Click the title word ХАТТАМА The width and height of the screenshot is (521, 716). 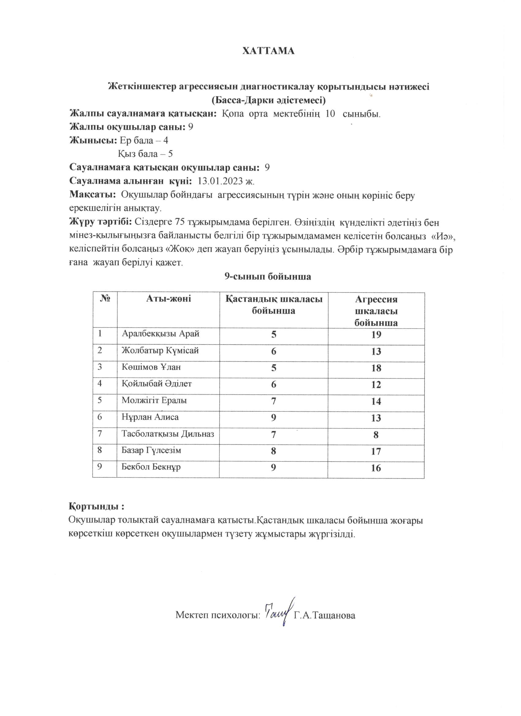pyautogui.click(x=268, y=51)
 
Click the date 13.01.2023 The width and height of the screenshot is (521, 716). pyautogui.click(x=220, y=181)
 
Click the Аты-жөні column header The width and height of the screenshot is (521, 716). pyautogui.click(x=168, y=299)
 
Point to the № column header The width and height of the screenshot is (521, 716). pyautogui.click(x=105, y=299)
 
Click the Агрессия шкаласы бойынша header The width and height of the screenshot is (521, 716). pyautogui.click(x=376, y=311)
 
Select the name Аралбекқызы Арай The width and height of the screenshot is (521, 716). pyautogui.click(x=161, y=334)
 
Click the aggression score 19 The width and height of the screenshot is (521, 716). pyautogui.click(x=376, y=335)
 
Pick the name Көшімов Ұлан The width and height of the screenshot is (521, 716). pyautogui.click(x=151, y=367)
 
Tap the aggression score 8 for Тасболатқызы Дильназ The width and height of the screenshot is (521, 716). pyautogui.click(x=376, y=435)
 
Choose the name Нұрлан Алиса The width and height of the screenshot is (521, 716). pyautogui.click(x=150, y=417)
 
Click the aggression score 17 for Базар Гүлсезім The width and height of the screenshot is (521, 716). pyautogui.click(x=376, y=451)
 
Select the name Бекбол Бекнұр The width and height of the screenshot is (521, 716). pyautogui.click(x=151, y=467)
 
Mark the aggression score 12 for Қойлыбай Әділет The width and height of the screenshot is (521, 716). pyautogui.click(x=376, y=385)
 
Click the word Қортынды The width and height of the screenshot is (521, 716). pyautogui.click(x=94, y=507)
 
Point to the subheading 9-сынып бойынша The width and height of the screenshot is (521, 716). pyautogui.click(x=268, y=277)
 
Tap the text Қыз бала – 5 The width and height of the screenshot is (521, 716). pyautogui.click(x=145, y=154)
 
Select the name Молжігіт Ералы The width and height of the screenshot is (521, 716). pyautogui.click(x=154, y=401)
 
